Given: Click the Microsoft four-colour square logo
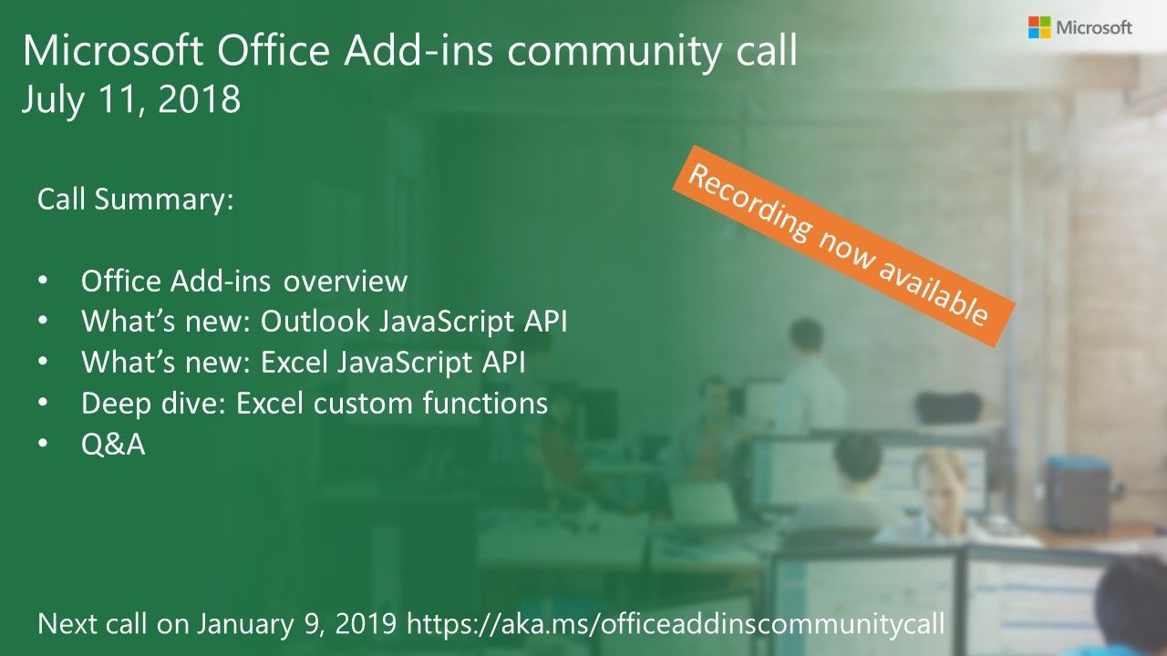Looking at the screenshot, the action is pyautogui.click(x=1038, y=27).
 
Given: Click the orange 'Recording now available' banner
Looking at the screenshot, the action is pyautogui.click(x=843, y=246).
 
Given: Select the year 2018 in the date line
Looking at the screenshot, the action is pyautogui.click(x=199, y=99).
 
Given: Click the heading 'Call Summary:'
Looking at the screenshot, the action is pyautogui.click(x=136, y=200).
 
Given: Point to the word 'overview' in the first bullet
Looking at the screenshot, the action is pyautogui.click(x=346, y=282).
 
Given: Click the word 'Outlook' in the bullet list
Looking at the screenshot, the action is pyautogui.click(x=315, y=322).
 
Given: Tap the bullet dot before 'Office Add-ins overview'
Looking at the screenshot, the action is pyautogui.click(x=43, y=282).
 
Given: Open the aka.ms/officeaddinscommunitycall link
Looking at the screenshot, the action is pyautogui.click(x=676, y=624).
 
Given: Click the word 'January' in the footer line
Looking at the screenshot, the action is pyautogui.click(x=245, y=624).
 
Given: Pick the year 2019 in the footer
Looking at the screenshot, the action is pyautogui.click(x=366, y=624).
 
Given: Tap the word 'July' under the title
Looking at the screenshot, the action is pyautogui.click(x=52, y=100).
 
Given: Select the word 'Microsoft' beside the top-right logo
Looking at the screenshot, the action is pyautogui.click(x=1094, y=27).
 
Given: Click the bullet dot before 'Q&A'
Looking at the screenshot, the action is pyautogui.click(x=43, y=444).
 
